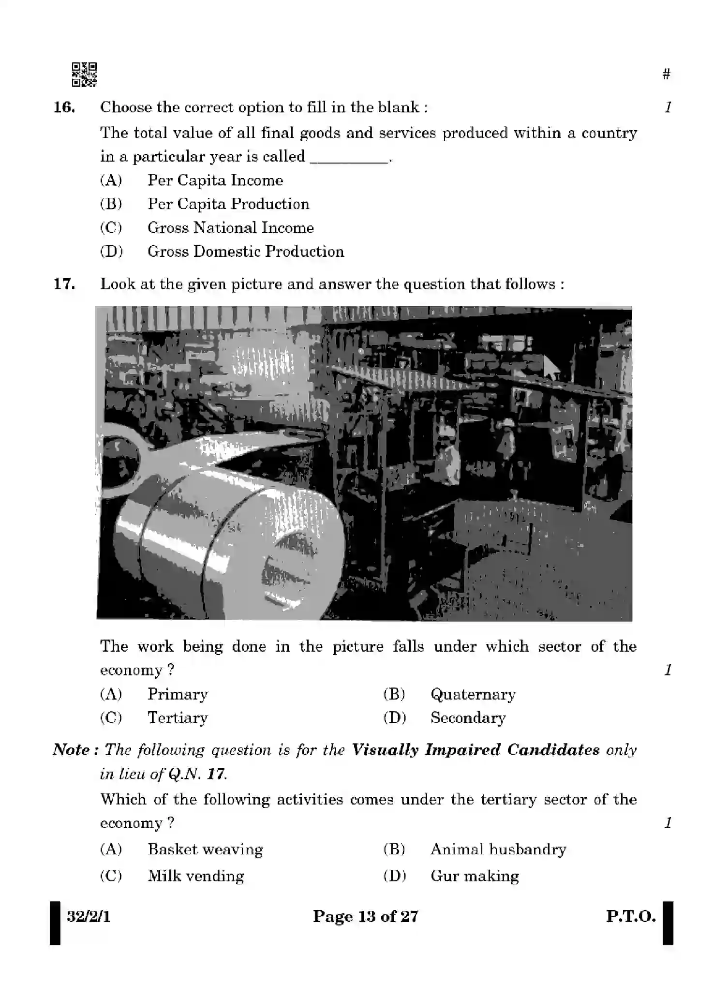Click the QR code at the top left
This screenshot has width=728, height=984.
click(84, 75)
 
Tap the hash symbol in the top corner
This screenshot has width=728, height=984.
click(667, 75)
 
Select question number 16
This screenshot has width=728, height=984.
click(64, 107)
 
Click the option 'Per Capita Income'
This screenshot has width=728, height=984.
click(215, 180)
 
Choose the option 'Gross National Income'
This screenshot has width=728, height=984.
click(230, 228)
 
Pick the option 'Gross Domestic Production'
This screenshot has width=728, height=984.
click(246, 252)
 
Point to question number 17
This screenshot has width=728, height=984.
click(64, 284)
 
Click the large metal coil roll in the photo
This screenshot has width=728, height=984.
click(227, 542)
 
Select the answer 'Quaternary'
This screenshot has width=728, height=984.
click(473, 695)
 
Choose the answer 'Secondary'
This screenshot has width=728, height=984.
click(468, 718)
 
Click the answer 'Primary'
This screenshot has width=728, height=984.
click(178, 695)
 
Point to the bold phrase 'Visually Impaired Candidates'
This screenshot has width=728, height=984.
click(475, 750)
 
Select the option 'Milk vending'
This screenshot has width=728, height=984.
click(195, 876)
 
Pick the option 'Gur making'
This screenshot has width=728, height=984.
click(475, 876)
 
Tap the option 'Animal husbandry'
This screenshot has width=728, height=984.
click(498, 850)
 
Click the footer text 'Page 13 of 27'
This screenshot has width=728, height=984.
click(365, 916)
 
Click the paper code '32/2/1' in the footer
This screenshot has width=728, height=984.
click(89, 916)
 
